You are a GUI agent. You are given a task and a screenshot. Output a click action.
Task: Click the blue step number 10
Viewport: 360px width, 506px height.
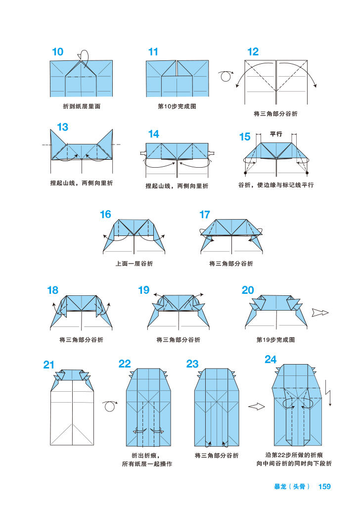[x=57, y=51]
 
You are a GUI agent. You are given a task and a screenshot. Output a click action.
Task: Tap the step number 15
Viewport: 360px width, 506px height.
[x=245, y=137]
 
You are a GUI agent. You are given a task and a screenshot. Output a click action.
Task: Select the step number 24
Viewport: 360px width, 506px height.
[x=270, y=360]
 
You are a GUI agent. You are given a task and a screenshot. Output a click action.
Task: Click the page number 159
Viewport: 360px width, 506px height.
[x=324, y=486]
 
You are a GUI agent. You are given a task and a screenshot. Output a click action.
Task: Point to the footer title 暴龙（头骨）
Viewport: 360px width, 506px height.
[x=292, y=486]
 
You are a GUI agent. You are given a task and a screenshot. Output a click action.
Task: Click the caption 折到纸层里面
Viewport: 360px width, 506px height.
[x=82, y=106]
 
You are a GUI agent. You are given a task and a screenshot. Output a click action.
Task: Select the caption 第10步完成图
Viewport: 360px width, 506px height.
[x=177, y=106]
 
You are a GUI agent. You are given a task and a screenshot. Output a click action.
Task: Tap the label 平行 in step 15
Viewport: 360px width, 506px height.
[x=276, y=134]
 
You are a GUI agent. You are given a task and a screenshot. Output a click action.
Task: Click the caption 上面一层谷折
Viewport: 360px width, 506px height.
[x=134, y=264]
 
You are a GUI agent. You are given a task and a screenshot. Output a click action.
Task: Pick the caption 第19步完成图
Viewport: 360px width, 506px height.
[x=275, y=340]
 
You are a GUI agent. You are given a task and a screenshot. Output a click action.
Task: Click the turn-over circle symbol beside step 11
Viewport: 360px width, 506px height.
[x=226, y=76]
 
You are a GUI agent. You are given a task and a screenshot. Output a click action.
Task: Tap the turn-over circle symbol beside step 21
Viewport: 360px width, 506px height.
[x=109, y=406]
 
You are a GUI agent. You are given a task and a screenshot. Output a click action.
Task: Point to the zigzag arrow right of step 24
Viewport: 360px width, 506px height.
[x=328, y=393]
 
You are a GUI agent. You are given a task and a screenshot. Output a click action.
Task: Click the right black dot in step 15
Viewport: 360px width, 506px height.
[x=307, y=173]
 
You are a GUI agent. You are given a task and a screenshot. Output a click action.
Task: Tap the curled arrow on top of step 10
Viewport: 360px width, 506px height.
[x=85, y=56]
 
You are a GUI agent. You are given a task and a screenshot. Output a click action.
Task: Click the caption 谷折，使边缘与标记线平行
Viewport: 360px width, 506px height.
[x=275, y=185]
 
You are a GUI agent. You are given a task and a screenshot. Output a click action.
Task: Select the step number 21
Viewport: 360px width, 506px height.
[x=48, y=365]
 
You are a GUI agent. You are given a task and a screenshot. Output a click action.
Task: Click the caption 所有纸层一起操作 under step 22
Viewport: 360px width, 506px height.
[x=147, y=464]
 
